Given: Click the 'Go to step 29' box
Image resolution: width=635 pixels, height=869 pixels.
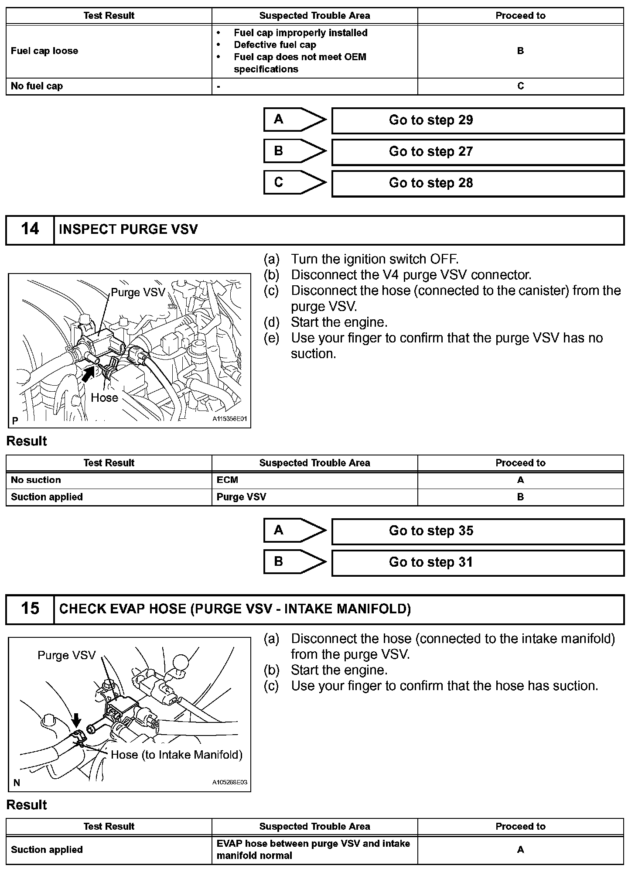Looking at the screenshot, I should [478, 120].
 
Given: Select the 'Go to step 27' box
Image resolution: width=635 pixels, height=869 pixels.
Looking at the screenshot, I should [478, 152].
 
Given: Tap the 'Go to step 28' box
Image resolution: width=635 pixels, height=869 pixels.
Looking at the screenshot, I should [478, 183].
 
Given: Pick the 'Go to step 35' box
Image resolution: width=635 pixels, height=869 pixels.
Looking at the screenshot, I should [478, 531].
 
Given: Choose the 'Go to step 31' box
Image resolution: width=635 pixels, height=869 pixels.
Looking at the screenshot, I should [478, 562].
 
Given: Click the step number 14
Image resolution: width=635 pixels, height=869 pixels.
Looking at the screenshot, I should [30, 229].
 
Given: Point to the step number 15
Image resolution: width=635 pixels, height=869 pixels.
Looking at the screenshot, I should [30, 609].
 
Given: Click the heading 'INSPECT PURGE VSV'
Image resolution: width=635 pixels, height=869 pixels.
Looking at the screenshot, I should [128, 229].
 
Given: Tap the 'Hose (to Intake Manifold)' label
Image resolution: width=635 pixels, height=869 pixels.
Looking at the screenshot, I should [176, 755].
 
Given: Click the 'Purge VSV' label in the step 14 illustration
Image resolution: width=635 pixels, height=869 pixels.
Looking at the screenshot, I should [138, 292].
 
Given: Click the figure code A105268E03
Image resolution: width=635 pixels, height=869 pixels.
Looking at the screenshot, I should [230, 782].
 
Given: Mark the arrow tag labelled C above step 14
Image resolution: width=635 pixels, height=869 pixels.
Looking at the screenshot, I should [294, 182].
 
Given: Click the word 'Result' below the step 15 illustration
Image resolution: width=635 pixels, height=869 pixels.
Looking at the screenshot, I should [27, 805].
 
